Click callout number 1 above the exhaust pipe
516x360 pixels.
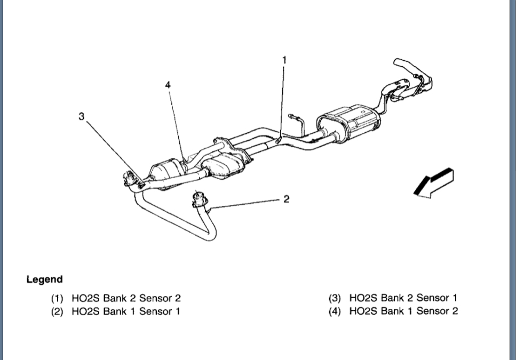pyautogui.click(x=284, y=60)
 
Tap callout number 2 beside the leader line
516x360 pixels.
pyautogui.click(x=287, y=199)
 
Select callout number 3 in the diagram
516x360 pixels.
pyautogui.click(x=81, y=116)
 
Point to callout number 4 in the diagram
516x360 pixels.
pyautogui.click(x=168, y=85)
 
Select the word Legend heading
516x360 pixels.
pyautogui.click(x=44, y=279)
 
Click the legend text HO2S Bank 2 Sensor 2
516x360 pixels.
pyautogui.click(x=130, y=298)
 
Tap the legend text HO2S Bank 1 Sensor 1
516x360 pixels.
pyautogui.click(x=125, y=311)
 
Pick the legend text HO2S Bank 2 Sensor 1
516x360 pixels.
pyautogui.click(x=403, y=298)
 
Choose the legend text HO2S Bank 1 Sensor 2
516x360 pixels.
pyautogui.click(x=403, y=311)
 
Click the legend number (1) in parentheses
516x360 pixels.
pyautogui.click(x=57, y=298)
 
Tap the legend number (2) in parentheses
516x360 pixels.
pyautogui.click(x=57, y=311)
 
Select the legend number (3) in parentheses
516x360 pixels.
pyautogui.click(x=335, y=298)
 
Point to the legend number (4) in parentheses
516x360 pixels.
pyautogui.click(x=335, y=311)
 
